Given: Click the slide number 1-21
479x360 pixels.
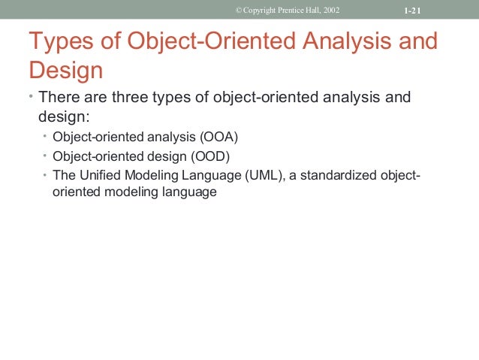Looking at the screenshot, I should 410,10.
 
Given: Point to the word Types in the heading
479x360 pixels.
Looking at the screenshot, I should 59,41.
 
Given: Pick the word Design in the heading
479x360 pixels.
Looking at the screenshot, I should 65,71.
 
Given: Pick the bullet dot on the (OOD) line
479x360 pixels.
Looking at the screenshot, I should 44,156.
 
